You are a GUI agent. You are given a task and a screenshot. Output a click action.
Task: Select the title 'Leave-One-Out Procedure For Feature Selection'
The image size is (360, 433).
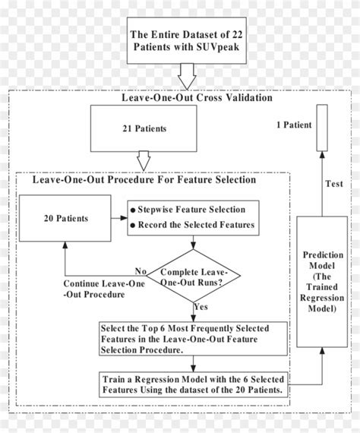pyautogui.click(x=144, y=181)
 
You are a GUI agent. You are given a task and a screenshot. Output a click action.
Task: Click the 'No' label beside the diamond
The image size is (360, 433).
pyautogui.click(x=141, y=271)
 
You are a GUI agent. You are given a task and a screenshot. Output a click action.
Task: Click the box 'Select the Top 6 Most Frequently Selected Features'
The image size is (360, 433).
pyautogui.click(x=193, y=339)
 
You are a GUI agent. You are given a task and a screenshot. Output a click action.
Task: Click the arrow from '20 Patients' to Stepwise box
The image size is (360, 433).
pyautogui.click(x=116, y=218)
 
